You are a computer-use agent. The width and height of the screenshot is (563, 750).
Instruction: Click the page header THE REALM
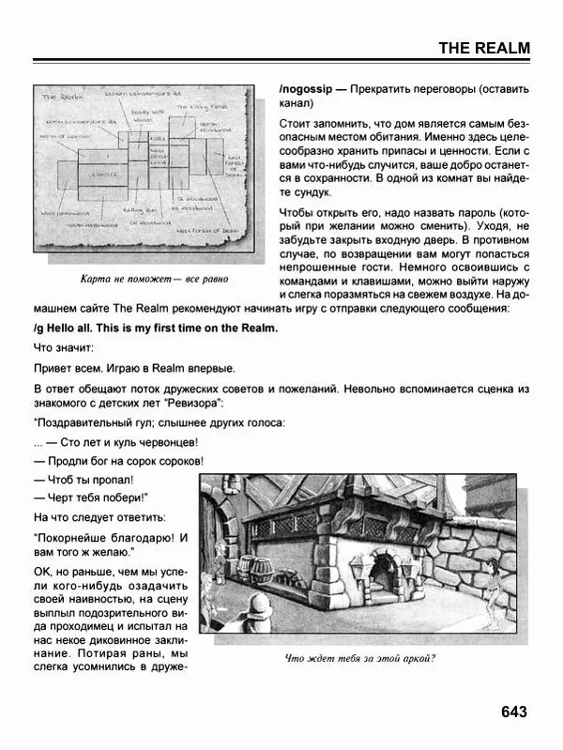[484, 49]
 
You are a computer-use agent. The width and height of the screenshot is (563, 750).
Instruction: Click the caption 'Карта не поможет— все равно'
[142, 279]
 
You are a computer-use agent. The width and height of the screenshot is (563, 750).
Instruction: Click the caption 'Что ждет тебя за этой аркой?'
[359, 658]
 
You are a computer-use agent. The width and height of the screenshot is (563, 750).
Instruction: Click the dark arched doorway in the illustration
[383, 576]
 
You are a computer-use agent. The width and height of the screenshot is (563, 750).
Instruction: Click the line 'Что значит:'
[63, 347]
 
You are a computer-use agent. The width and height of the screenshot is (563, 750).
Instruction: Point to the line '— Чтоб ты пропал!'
[87, 480]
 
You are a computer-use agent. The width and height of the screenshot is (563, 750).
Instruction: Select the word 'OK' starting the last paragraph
[42, 573]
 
